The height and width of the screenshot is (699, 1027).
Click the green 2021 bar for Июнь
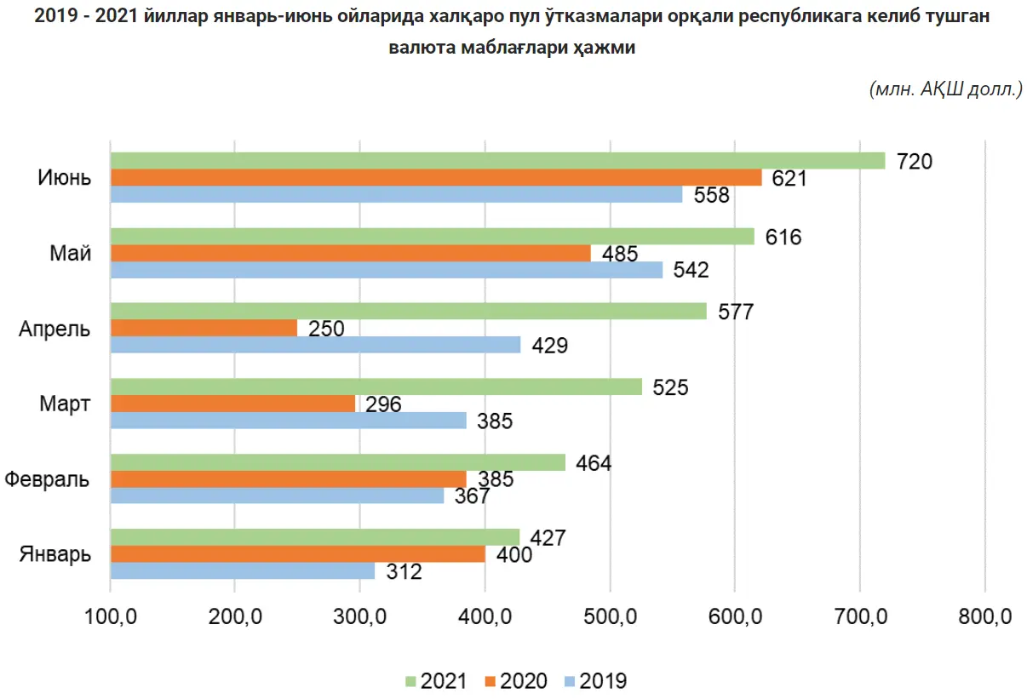pyautogui.click(x=497, y=161)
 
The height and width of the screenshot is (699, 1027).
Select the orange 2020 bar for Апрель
pyautogui.click(x=204, y=328)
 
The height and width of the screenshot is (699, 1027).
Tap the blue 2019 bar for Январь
pyautogui.click(x=243, y=571)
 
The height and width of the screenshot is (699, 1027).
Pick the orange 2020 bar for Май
pyautogui.click(x=351, y=253)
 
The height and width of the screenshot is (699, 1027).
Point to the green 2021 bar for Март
pyautogui.click(x=376, y=387)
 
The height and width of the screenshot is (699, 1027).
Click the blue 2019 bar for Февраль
pyautogui.click(x=278, y=496)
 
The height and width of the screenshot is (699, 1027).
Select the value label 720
pyautogui.click(x=915, y=161)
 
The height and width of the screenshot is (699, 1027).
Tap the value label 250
pyautogui.click(x=327, y=329)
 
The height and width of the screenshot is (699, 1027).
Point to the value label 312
pyautogui.click(x=404, y=572)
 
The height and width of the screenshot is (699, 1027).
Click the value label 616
pyautogui.click(x=784, y=237)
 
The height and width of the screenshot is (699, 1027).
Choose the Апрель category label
pyautogui.click(x=55, y=329)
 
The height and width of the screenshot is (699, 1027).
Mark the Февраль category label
pyautogui.click(x=47, y=479)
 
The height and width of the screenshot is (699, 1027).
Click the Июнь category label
pyautogui.click(x=64, y=178)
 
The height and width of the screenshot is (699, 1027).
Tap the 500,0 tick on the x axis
pyautogui.click(x=610, y=616)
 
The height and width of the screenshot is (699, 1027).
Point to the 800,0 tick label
pyautogui.click(x=984, y=616)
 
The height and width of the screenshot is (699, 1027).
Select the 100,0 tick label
pyautogui.click(x=111, y=616)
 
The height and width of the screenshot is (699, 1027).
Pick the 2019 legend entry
pyautogui.click(x=595, y=681)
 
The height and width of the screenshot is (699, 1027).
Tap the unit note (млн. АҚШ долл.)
pyautogui.click(x=945, y=89)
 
